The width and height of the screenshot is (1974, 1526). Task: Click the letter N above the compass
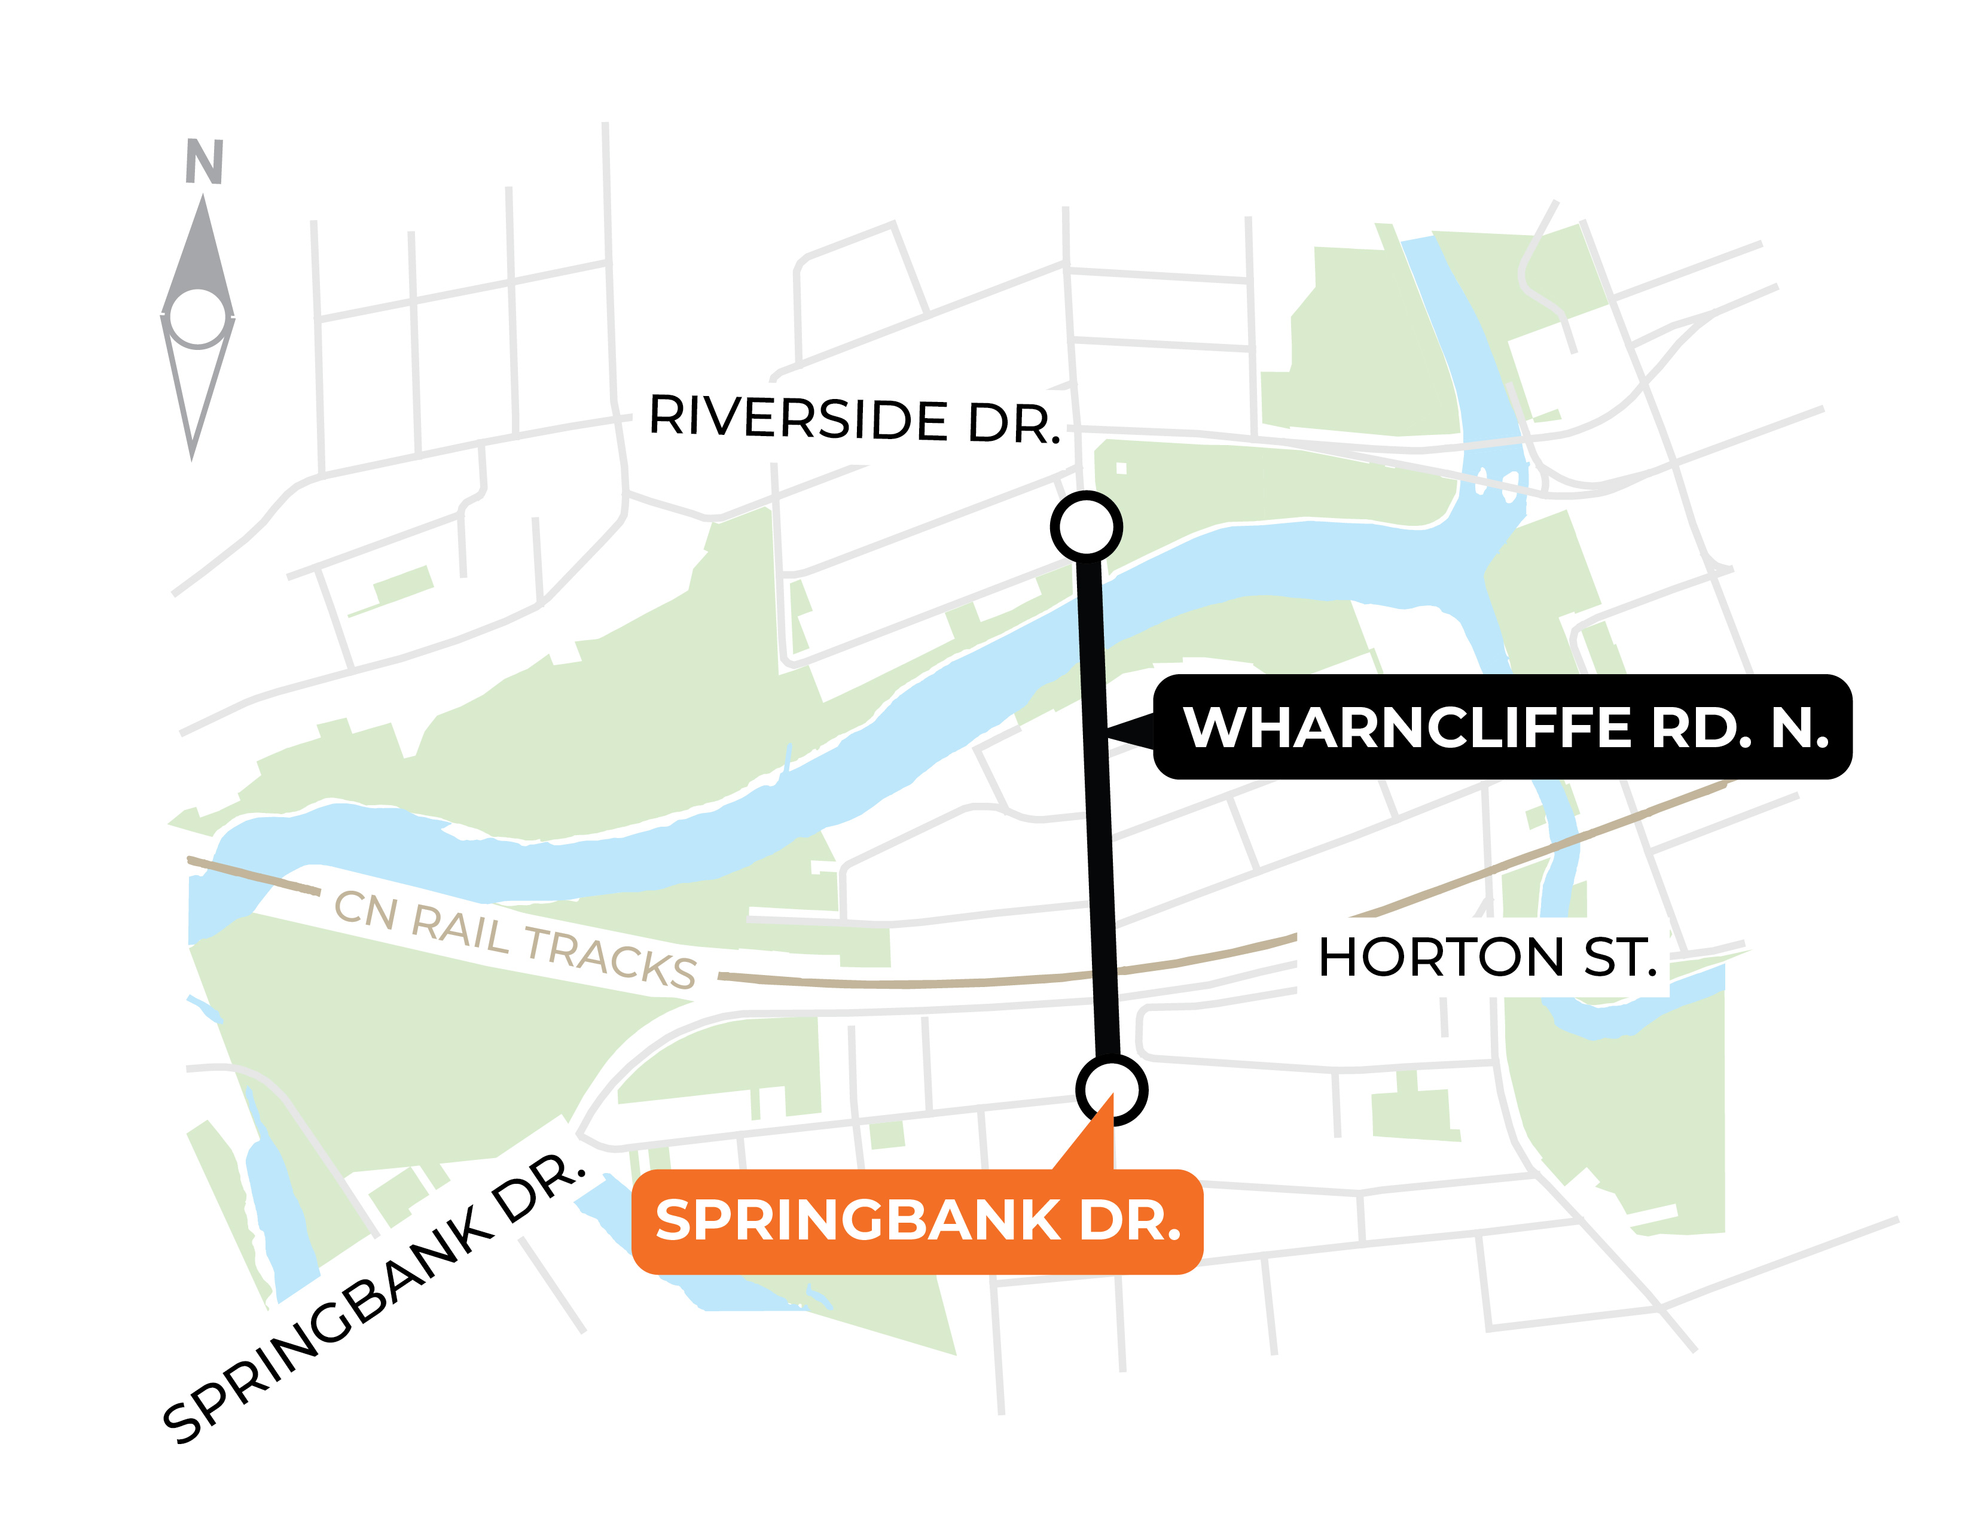click(205, 162)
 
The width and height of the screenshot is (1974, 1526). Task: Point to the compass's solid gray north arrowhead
click(202, 253)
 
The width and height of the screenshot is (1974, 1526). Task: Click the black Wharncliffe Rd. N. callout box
click(1502, 727)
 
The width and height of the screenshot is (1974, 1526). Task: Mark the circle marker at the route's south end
click(1111, 1091)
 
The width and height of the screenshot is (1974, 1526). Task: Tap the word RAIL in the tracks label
click(461, 928)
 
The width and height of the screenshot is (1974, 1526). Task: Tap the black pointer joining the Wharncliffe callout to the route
click(1131, 730)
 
